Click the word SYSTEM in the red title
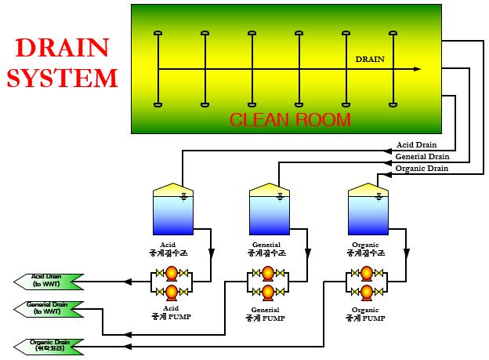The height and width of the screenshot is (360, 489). pos(62,78)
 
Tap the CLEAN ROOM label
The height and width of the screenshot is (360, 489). pos(290,120)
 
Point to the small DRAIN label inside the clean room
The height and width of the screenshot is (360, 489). pos(370,60)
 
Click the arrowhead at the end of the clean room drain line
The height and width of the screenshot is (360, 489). pos(416,70)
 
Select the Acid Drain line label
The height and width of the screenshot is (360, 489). pos(416,144)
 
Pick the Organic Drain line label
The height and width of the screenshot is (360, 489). pos(422,168)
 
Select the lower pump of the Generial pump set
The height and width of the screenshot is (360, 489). pos(267,293)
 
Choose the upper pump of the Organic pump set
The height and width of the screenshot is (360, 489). pos(366,274)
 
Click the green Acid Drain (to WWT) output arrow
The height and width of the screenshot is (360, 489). pos(49,280)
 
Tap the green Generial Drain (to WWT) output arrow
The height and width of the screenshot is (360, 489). pos(49,308)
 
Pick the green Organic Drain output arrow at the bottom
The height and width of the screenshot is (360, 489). pos(49,345)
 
